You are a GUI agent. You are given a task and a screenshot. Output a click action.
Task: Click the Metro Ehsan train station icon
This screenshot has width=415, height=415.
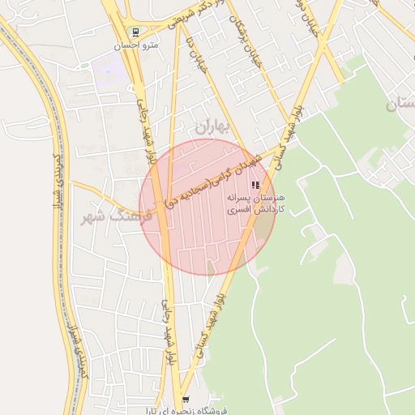pos(134,33)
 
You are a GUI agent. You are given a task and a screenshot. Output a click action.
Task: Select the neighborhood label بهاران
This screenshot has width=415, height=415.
pos(213,126)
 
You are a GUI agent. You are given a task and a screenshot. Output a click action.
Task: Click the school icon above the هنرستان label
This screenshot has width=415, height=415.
pos(256,185)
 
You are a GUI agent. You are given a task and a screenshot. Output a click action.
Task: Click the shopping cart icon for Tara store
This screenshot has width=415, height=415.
pos(186,400)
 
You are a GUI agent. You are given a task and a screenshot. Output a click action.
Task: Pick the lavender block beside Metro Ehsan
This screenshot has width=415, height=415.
pos(110,71)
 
